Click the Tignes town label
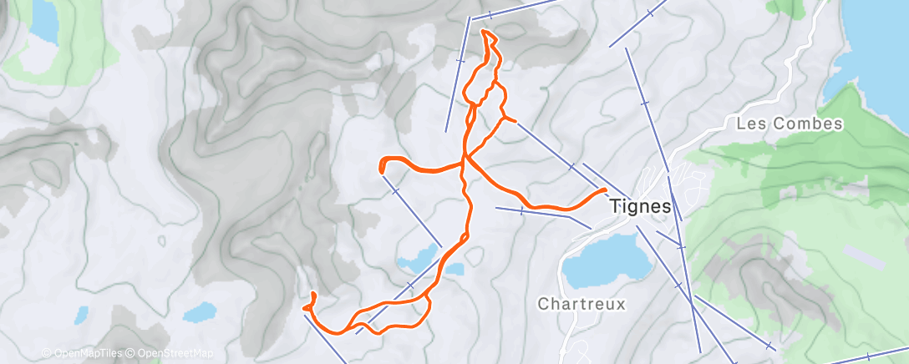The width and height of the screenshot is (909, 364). [641, 205]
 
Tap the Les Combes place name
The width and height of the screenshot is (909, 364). [790, 124]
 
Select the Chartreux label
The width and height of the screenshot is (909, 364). [581, 305]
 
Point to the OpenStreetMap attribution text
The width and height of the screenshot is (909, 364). [172, 353]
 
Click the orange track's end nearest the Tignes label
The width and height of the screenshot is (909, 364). [603, 190]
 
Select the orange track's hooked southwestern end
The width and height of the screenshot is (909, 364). [312, 294]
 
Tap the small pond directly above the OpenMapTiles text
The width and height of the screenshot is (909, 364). [81, 316]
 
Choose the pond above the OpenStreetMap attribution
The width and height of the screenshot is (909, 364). [200, 312]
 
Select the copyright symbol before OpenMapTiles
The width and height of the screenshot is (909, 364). [46, 353]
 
